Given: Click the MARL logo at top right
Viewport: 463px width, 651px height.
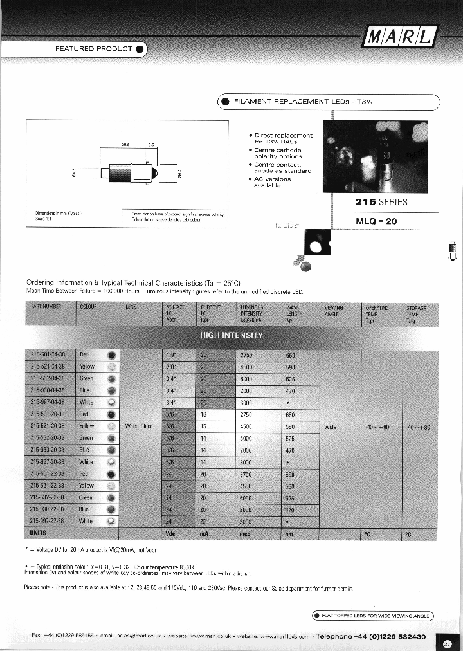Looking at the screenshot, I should tap(400, 37).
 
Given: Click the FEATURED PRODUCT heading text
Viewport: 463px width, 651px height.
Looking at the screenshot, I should tap(93, 48).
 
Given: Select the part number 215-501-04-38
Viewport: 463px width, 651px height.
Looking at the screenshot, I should tap(48, 354).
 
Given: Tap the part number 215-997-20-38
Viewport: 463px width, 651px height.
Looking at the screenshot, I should tap(48, 461).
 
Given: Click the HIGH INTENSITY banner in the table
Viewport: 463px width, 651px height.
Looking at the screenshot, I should tap(232, 335).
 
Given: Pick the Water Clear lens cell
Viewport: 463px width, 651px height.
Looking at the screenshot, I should tap(138, 426).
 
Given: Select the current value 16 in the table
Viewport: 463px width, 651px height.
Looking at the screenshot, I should tap(204, 414).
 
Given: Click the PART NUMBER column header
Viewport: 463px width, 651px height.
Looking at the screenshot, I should tap(45, 307).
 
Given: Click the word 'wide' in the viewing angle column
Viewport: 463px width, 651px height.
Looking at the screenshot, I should tap(329, 426).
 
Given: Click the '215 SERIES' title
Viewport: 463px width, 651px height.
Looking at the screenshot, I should tap(381, 201).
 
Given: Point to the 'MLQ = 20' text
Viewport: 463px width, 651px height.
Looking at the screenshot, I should tap(377, 221).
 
